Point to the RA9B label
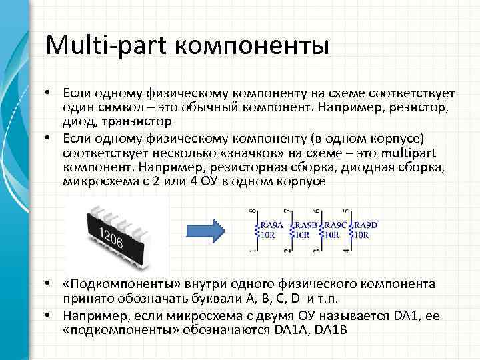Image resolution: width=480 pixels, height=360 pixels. point(306,225)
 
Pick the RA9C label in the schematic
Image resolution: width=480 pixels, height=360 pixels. point(337,225)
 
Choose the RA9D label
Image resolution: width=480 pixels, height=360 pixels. point(367,225)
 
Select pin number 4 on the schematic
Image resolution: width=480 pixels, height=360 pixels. point(345,251)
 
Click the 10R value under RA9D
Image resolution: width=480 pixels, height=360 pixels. point(363,235)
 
